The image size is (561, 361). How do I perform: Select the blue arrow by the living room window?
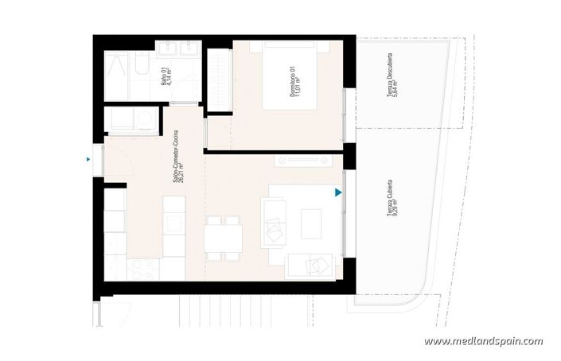pyautogui.click(x=338, y=192)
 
